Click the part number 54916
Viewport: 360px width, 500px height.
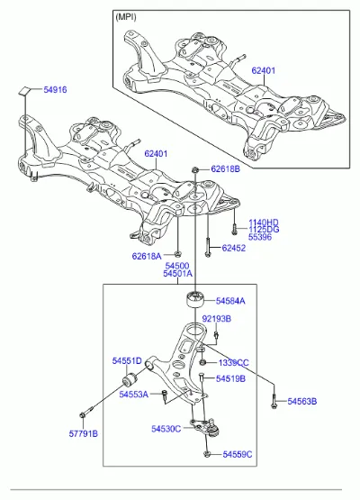[55, 89]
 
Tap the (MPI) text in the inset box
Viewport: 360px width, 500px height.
[126, 16]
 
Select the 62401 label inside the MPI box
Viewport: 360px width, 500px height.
[263, 70]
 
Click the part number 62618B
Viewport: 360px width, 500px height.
[225, 168]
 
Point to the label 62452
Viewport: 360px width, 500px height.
[234, 248]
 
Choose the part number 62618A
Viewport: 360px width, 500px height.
[147, 256]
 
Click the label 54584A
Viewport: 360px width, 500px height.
[230, 301]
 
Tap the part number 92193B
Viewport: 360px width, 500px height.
[217, 319]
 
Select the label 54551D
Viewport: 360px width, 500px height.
[127, 360]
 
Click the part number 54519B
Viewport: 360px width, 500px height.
[230, 378]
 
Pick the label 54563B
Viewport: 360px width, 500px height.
[302, 401]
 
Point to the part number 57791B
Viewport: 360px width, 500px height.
[84, 433]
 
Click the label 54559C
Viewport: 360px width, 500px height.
[238, 454]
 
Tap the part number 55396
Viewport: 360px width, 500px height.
[260, 237]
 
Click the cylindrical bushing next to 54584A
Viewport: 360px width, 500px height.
[194, 299]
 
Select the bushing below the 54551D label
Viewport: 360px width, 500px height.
[130, 379]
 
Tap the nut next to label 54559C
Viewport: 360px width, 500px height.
[207, 454]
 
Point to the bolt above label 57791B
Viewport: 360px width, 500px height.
[86, 412]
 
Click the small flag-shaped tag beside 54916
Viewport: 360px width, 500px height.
[23, 90]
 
